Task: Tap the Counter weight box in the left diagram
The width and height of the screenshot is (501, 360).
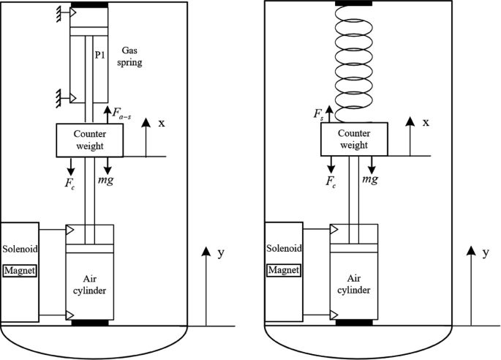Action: coord(90,138)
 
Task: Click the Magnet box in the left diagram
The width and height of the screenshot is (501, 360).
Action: coord(20,271)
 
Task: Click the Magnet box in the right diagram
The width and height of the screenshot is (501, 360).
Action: coord(285,271)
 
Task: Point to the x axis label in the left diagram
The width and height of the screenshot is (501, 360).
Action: coord(161,123)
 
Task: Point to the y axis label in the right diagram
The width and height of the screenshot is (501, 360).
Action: coord(486,253)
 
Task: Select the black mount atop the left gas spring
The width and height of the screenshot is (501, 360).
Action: coord(89,5)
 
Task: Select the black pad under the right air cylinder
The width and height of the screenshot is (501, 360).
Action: coord(354,321)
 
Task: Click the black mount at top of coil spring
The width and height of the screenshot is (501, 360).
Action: coord(354,4)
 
